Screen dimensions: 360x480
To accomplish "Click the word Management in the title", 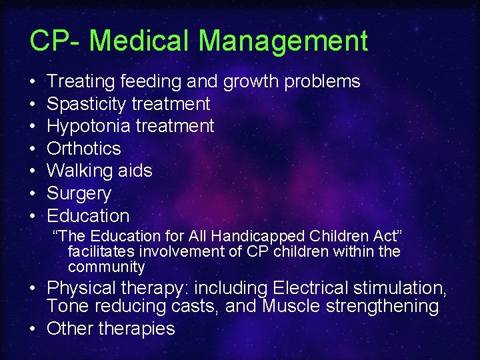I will point(283,41).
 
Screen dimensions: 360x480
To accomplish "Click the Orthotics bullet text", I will point(84,149).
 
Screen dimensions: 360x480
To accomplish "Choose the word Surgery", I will point(79,194).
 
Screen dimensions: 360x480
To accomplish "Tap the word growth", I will point(251,82).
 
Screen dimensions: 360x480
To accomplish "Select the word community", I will point(106,267).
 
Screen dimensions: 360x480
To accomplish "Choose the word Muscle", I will point(291,307).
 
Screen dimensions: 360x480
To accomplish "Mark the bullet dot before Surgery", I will point(33,194).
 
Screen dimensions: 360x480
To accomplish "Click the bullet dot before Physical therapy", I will point(33,289).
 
